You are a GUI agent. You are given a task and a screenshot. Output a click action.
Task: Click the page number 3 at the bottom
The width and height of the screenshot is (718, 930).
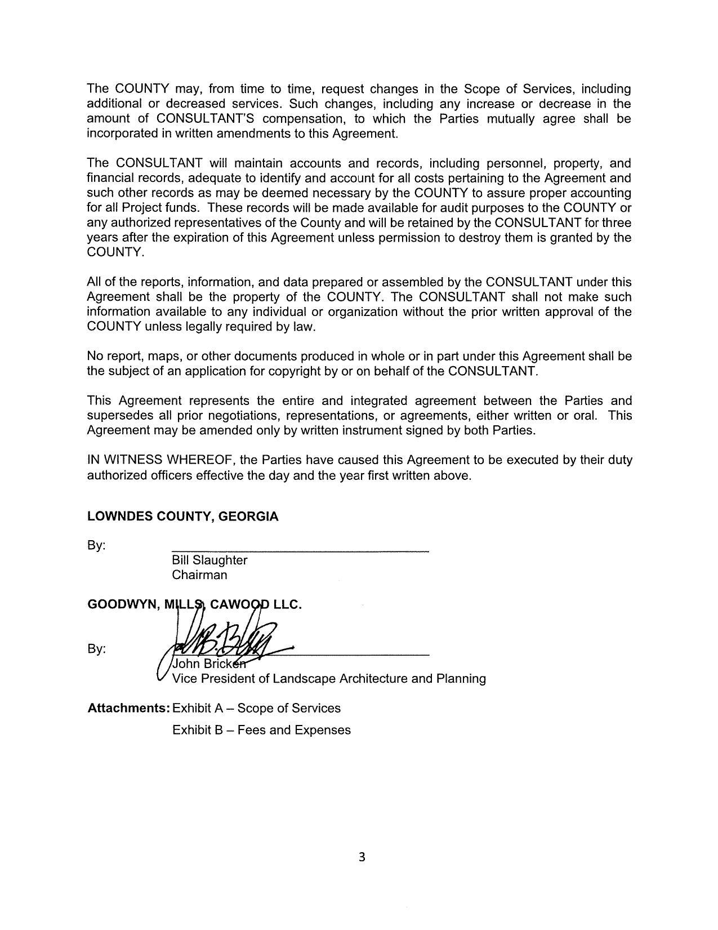(x=362, y=857)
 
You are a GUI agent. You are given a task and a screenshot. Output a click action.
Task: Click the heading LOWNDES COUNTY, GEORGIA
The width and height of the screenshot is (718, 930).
(x=182, y=517)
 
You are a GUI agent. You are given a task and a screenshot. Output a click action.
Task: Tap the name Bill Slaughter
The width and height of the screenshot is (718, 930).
(x=209, y=560)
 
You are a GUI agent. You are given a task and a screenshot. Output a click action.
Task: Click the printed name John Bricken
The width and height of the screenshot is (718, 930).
(x=209, y=664)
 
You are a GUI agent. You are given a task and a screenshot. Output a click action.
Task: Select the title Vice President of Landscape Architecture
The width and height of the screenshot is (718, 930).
(x=328, y=679)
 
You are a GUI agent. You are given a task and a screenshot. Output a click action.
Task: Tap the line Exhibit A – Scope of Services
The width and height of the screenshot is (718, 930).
(x=256, y=708)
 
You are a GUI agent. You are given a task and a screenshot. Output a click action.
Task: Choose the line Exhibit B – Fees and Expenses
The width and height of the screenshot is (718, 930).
(x=261, y=730)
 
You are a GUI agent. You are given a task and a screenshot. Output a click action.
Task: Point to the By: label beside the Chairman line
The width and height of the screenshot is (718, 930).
(x=96, y=546)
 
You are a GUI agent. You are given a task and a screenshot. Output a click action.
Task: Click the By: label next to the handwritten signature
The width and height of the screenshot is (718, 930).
(x=96, y=649)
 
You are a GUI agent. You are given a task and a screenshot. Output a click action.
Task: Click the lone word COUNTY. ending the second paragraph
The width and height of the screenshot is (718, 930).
(x=115, y=252)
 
